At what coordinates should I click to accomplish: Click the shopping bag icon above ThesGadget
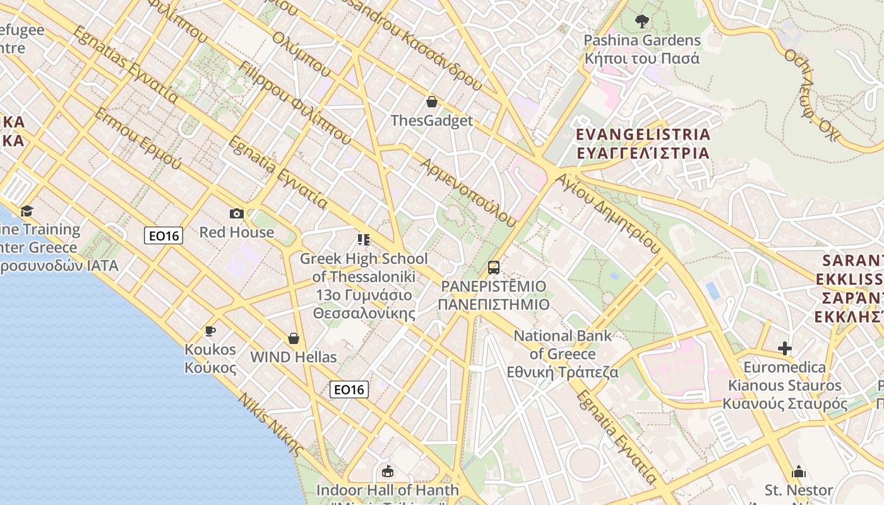click(432, 102)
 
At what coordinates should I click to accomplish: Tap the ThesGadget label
click(432, 121)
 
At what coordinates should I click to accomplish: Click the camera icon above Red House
click(237, 214)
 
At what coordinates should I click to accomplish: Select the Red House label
click(237, 232)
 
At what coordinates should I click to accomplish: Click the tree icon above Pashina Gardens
click(642, 21)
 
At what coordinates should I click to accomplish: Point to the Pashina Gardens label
click(642, 49)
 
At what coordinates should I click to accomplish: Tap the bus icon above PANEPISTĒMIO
click(494, 268)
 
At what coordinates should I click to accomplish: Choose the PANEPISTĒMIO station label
click(494, 295)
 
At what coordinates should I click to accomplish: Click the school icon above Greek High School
click(363, 240)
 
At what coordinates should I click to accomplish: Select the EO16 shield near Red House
click(164, 236)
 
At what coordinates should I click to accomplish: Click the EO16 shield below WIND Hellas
click(349, 389)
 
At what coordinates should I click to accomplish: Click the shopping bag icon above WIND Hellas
click(294, 339)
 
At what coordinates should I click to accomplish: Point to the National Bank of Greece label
click(563, 353)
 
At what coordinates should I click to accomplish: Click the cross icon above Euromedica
click(784, 348)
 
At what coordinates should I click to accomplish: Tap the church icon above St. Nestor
click(799, 472)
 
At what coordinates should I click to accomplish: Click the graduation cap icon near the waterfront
click(27, 211)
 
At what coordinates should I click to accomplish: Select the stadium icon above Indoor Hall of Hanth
click(388, 472)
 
